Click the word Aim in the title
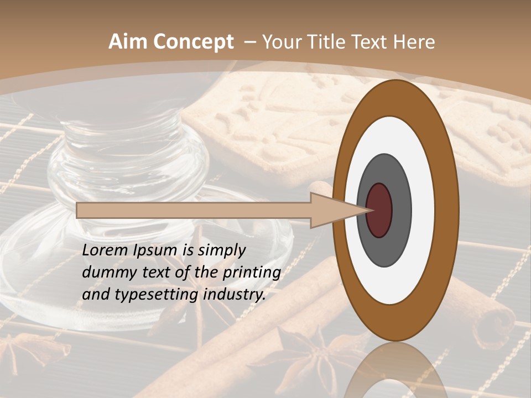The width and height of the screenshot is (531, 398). [129, 42]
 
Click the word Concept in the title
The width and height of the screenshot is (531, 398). [194, 42]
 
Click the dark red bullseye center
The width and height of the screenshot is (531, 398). [379, 210]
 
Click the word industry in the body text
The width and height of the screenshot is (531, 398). [233, 294]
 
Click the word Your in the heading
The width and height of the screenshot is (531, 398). [282, 42]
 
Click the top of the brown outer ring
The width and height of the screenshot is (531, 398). [395, 97]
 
